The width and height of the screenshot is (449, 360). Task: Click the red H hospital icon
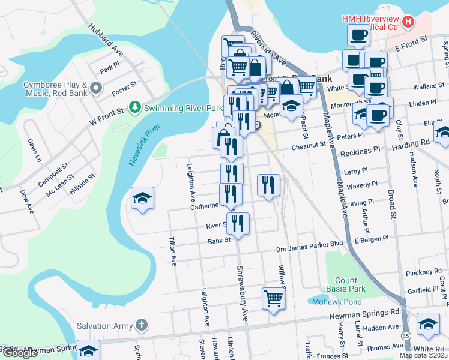pyautogui.click(x=408, y=22)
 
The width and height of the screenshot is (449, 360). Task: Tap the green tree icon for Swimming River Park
pyautogui.click(x=136, y=107)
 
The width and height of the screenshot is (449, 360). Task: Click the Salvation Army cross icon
pyautogui.click(x=140, y=326)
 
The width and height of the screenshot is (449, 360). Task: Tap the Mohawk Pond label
pyautogui.click(x=336, y=302)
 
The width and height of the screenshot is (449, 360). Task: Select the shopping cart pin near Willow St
pyautogui.click(x=273, y=298)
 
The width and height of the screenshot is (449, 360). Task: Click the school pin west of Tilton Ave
pyautogui.click(x=142, y=198)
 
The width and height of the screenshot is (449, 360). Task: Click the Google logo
pyautogui.click(x=19, y=353)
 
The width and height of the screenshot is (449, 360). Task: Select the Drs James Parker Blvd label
pyautogui.click(x=309, y=245)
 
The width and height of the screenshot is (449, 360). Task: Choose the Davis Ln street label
pyautogui.click(x=35, y=151)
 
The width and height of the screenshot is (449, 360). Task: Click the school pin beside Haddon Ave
pyautogui.click(x=428, y=324)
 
